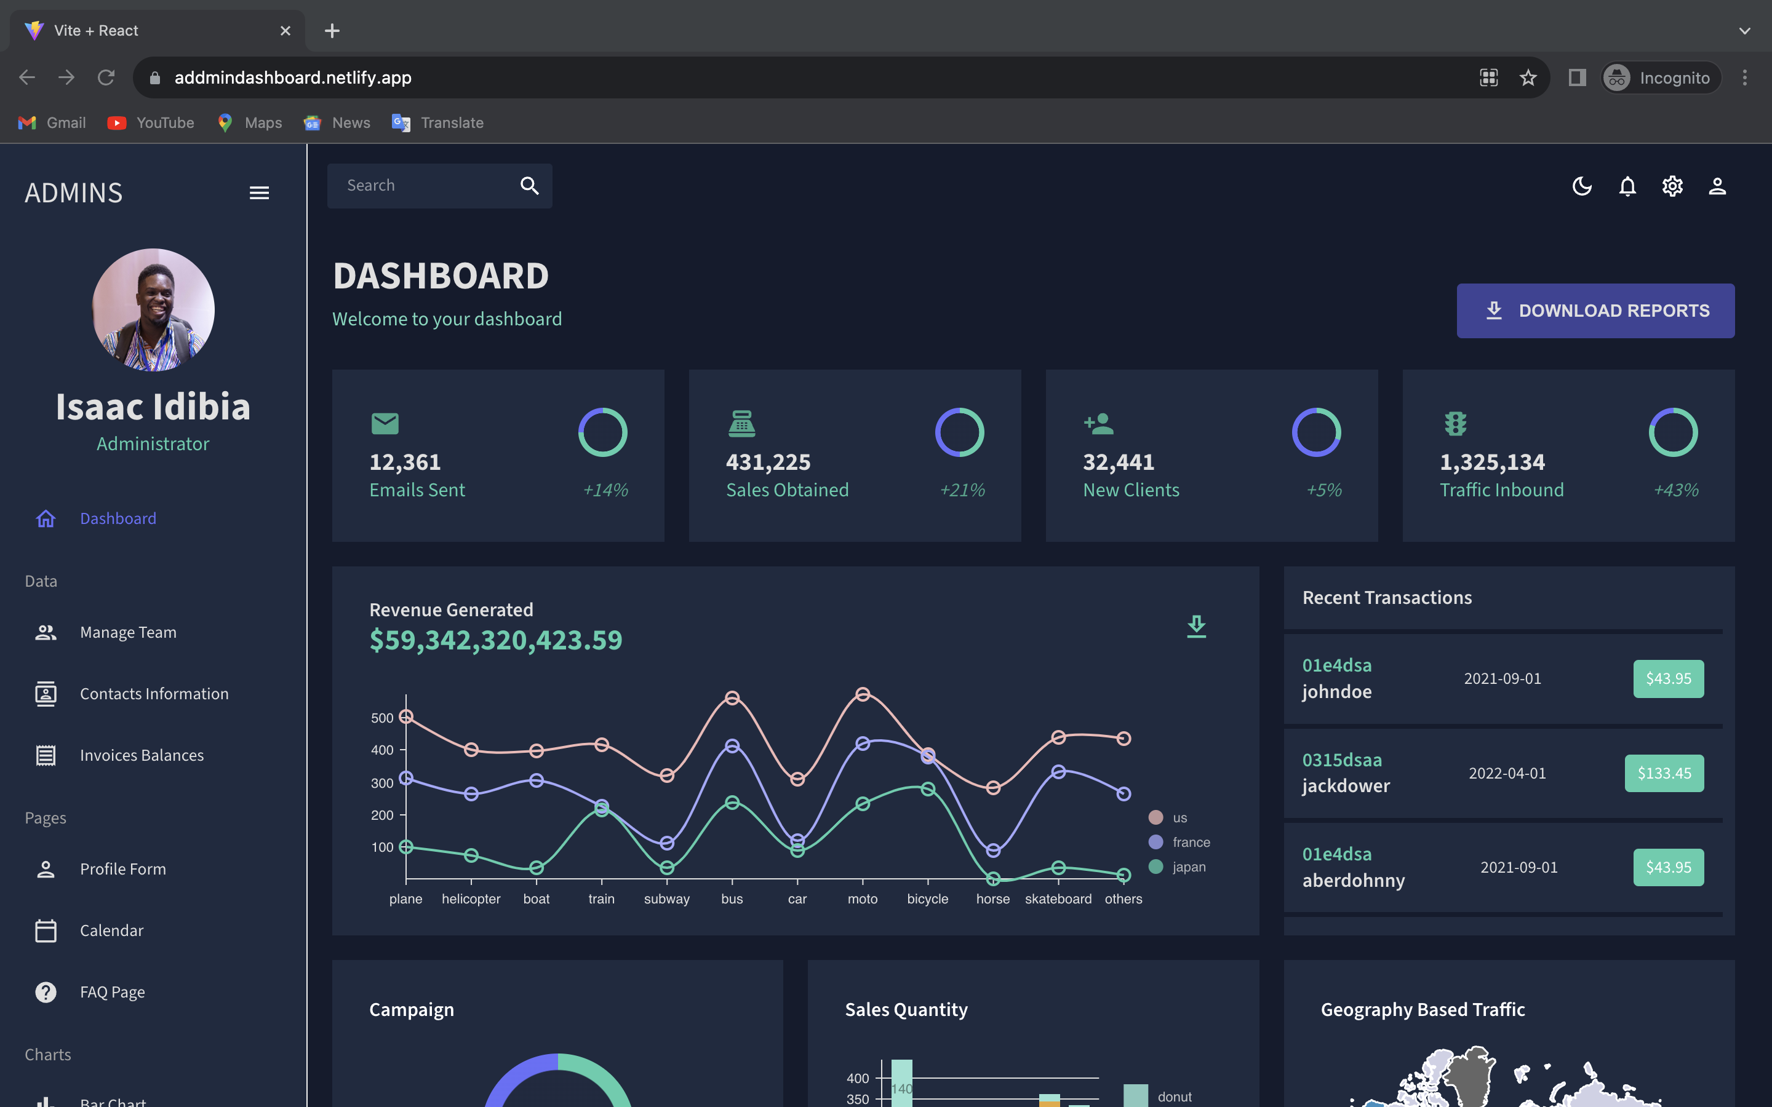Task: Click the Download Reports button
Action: (1595, 311)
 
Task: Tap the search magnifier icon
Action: (529, 186)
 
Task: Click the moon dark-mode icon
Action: (1582, 186)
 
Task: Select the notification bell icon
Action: (1627, 186)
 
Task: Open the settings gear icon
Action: (1672, 186)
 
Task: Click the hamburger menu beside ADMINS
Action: (259, 192)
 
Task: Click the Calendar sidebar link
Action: (111, 930)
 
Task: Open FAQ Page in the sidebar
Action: (112, 992)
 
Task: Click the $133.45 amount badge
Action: (1664, 773)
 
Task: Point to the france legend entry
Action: (1191, 842)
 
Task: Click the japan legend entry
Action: (1187, 867)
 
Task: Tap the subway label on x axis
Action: (666, 899)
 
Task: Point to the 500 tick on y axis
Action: (382, 718)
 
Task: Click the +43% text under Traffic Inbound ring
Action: (1675, 490)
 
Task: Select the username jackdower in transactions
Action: (1346, 785)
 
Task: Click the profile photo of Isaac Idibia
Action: (153, 310)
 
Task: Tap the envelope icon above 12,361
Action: (385, 423)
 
